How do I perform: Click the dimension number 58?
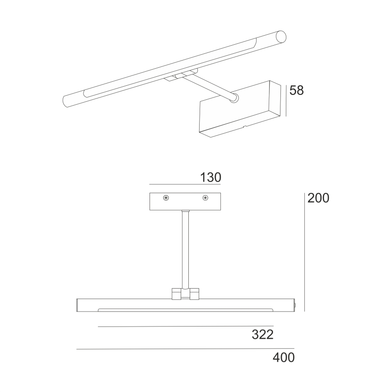[x=297, y=90]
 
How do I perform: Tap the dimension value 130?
[x=210, y=177]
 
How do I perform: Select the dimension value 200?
[x=318, y=198]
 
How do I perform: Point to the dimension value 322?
[x=263, y=335]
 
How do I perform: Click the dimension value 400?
[x=284, y=358]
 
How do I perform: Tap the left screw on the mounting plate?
[x=167, y=198]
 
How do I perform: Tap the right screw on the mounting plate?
[x=205, y=198]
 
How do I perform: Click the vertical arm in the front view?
[x=185, y=248]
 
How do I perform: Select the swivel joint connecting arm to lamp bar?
[x=185, y=294]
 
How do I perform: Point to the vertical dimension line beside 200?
[x=304, y=251]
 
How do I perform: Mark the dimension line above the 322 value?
[x=186, y=326]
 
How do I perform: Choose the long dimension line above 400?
[x=185, y=349]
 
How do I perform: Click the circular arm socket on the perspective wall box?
[x=233, y=98]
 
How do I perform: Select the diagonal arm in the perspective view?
[x=212, y=88]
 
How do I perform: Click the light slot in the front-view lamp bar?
[x=185, y=310]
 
